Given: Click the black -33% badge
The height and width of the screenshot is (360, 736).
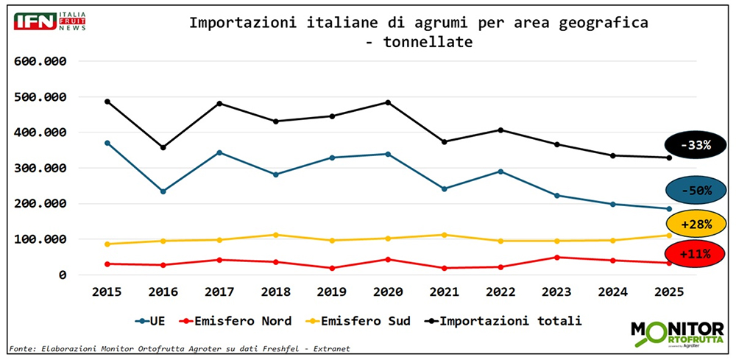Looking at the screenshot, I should pos(695,145).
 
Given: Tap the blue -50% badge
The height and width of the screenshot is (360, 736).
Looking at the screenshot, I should pos(695,191).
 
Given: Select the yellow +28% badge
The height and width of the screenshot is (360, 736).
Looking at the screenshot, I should pos(695,223).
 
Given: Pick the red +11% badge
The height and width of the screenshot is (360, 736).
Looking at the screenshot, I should pos(695,254).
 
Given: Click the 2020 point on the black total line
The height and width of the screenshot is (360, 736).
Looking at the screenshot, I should pos(388,102).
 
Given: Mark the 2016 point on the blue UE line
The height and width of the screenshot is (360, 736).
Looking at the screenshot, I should pos(163,191).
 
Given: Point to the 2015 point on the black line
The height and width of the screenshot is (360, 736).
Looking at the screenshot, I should pos(107,101).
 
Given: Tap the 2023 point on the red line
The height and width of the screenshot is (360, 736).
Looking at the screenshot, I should pos(556,257).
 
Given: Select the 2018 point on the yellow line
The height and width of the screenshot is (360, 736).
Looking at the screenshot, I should pos(275,235).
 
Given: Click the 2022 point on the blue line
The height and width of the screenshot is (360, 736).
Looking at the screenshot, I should pos(500,172).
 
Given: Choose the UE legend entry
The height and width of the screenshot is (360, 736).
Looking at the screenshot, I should pos(152,321).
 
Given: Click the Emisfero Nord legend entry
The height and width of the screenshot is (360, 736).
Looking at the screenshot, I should pos(232,321).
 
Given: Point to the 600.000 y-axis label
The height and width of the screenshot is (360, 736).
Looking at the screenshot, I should pos(41,62).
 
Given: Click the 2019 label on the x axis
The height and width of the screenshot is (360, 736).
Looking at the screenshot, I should pos(331,292).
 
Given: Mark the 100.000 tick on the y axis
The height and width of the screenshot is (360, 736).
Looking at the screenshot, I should pos(41,239).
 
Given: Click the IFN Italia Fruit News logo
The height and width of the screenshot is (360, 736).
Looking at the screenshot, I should pos(50,21).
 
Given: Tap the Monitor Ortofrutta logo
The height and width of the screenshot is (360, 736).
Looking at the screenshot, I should pos(677,333).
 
